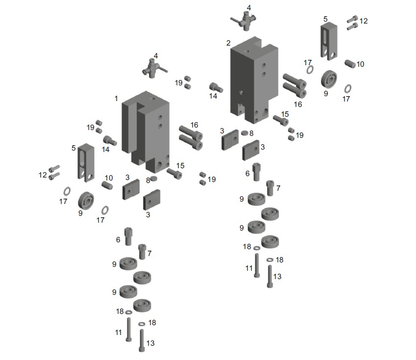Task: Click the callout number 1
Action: tap(116, 99)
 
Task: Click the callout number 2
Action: tap(228, 43)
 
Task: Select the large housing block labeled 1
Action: tap(146, 132)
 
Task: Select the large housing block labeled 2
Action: tap(254, 79)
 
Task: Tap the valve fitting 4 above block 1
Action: tap(154, 69)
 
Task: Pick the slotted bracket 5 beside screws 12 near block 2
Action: tap(329, 41)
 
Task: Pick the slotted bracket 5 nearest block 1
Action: tap(86, 163)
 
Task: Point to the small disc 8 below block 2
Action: tap(245, 133)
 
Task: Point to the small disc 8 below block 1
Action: tap(154, 179)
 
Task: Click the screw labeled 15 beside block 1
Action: tap(174, 173)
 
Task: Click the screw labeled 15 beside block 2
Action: tap(281, 120)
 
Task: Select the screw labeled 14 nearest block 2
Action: tap(216, 87)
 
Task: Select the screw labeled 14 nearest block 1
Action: tap(110, 140)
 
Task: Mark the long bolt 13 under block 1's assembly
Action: tap(142, 340)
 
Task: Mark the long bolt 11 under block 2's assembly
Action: tap(257, 265)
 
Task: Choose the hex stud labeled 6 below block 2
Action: tap(256, 172)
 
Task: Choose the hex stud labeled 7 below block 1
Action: tap(142, 252)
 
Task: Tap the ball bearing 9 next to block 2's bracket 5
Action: tap(329, 79)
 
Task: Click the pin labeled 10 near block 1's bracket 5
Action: tap(107, 185)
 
